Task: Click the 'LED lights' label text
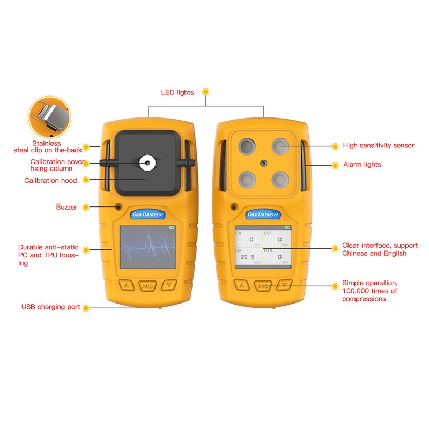[177, 92]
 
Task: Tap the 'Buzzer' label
[66, 206]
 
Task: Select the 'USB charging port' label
[51, 307]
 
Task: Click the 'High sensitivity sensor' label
[379, 145]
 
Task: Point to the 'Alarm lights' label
[362, 165]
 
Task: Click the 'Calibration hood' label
[50, 181]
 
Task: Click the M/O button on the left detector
[147, 286]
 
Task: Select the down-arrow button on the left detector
[170, 285]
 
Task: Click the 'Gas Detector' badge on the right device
[263, 214]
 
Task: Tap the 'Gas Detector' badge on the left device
[147, 214]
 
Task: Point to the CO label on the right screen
[267, 233]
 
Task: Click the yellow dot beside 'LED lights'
[205, 92]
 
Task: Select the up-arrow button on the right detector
[241, 285]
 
